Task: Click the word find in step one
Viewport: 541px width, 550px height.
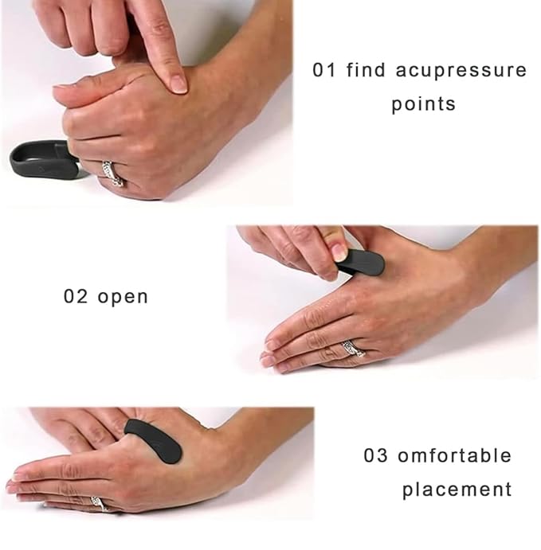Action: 367,70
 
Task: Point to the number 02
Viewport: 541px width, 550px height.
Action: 76,297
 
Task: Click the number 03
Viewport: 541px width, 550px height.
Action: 376,456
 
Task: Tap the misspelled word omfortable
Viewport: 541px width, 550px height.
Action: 455,456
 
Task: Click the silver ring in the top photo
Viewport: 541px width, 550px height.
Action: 111,172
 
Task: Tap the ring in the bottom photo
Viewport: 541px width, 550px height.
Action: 97,504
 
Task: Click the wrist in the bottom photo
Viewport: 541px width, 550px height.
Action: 239,446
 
